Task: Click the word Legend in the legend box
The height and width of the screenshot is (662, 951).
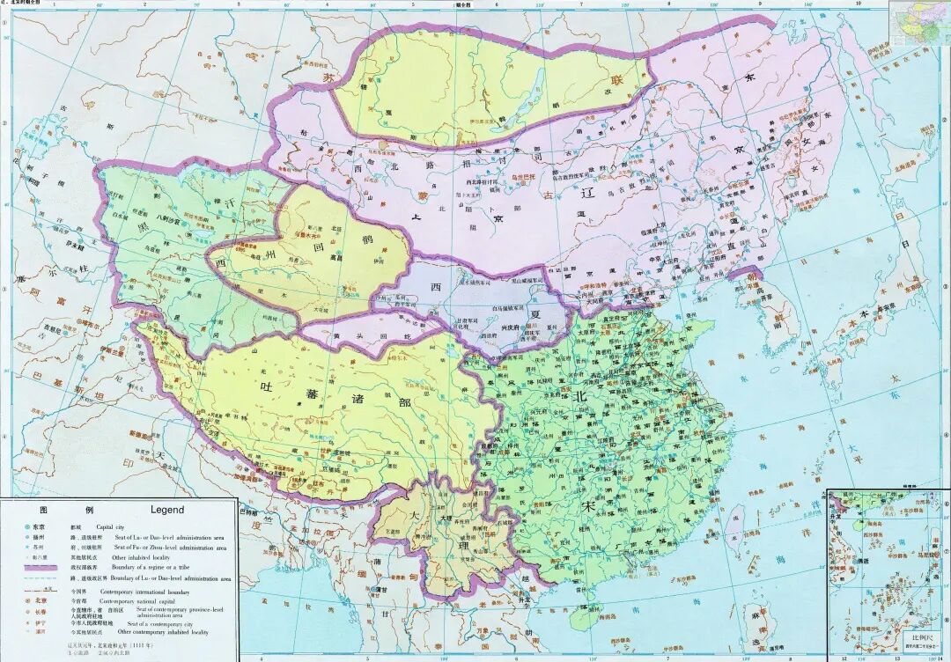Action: click(x=166, y=510)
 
